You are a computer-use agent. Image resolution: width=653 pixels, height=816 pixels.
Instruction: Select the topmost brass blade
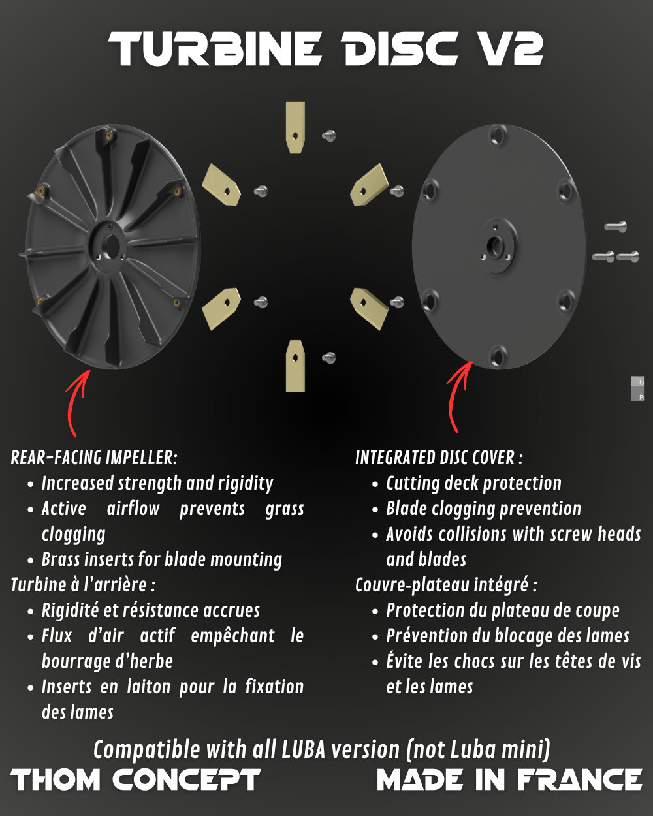pyautogui.click(x=295, y=127)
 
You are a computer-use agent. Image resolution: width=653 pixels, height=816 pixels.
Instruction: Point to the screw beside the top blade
pyautogui.click(x=329, y=136)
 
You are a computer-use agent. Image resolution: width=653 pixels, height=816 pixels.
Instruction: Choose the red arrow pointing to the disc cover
pyautogui.click(x=457, y=395)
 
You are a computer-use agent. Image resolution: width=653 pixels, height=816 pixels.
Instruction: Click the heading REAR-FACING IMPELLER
pyautogui.click(x=93, y=458)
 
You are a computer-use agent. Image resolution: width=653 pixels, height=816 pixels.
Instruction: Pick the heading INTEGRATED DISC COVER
pyautogui.click(x=438, y=458)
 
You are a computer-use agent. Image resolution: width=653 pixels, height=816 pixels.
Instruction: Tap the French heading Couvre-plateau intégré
pyautogui.click(x=445, y=585)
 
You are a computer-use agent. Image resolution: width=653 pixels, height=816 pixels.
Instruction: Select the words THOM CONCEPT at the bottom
pyautogui.click(x=136, y=780)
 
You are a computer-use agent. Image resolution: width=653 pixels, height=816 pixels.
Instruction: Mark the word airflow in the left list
pyautogui.click(x=133, y=509)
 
